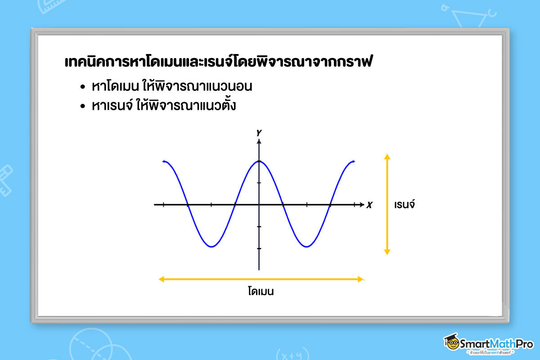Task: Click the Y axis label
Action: tap(259, 133)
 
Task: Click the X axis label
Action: tap(369, 205)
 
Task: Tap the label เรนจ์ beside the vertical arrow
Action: tap(404, 205)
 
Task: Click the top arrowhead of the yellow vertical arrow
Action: tap(387, 157)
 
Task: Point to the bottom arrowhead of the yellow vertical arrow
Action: tap(387, 252)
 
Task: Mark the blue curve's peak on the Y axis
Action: tap(259, 161)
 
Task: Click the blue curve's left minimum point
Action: tap(211, 247)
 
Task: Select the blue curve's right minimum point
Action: tap(306, 247)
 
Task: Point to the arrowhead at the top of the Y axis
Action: tap(259, 141)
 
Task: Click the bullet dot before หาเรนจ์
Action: tap(82, 107)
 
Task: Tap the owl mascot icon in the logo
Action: tap(451, 342)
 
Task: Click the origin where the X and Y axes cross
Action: tap(259, 205)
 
